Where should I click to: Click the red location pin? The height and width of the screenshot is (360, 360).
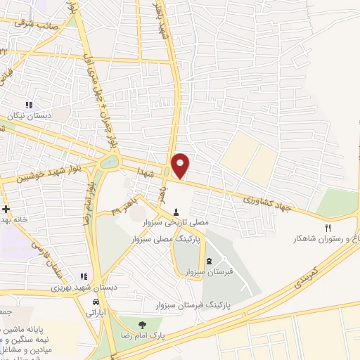click(x=181, y=165)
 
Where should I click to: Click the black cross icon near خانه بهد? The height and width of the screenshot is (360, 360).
click(x=6, y=210)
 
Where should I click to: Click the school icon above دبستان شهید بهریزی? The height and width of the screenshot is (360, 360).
click(x=84, y=276)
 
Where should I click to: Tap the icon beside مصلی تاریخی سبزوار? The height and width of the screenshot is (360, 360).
click(x=176, y=212)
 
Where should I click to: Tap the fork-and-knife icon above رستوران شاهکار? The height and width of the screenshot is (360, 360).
click(x=328, y=227)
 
